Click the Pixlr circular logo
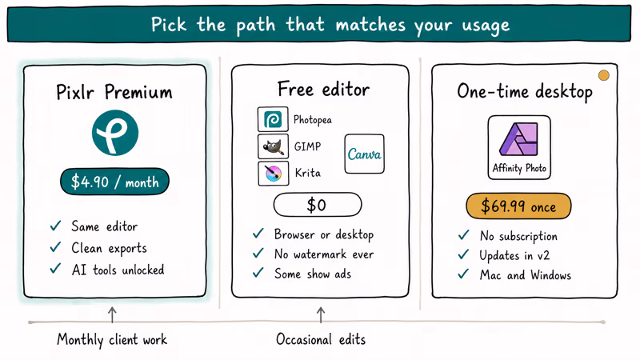(x=115, y=133)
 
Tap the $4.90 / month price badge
(x=114, y=182)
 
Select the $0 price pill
(x=318, y=205)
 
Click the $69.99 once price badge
(x=518, y=206)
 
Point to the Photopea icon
(x=273, y=119)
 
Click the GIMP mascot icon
(x=273, y=146)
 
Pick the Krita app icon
(x=274, y=173)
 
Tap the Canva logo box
(x=364, y=154)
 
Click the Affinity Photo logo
(x=519, y=147)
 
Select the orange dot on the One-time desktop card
(x=604, y=75)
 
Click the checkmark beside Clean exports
(x=55, y=247)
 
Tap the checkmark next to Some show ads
(x=258, y=272)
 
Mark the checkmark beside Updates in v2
(x=463, y=254)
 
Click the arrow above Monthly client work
(x=112, y=314)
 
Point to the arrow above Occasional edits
(x=321, y=314)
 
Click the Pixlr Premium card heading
(x=114, y=92)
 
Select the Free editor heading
(x=323, y=89)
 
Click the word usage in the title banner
(x=486, y=26)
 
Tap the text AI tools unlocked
(x=118, y=270)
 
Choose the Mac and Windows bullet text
(x=526, y=275)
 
